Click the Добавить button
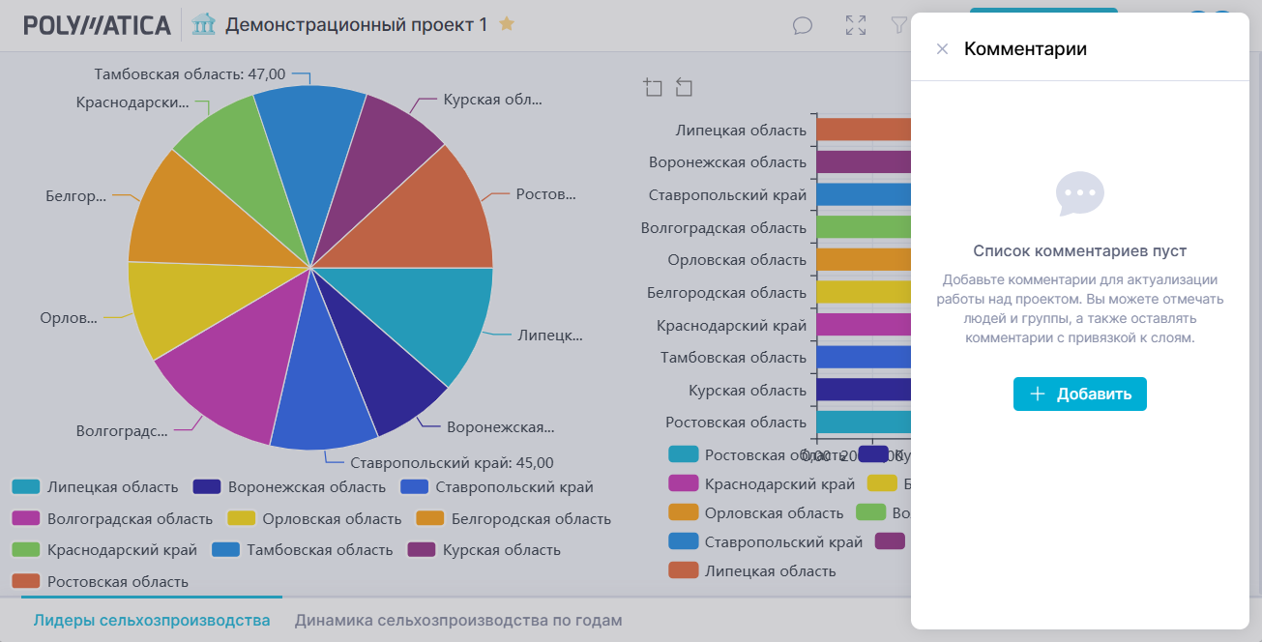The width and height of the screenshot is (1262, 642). click(x=1079, y=394)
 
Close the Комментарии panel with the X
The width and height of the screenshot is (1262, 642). click(x=942, y=49)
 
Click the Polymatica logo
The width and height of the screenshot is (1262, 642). click(x=97, y=25)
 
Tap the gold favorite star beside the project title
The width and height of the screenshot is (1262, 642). click(x=507, y=24)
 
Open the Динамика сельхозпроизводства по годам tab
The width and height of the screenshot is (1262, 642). click(x=458, y=621)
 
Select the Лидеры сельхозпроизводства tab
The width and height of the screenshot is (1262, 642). click(x=151, y=621)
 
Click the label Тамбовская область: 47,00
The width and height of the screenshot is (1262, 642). click(x=190, y=73)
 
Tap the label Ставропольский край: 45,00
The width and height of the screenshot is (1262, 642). click(x=452, y=463)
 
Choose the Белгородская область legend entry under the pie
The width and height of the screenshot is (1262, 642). click(x=530, y=519)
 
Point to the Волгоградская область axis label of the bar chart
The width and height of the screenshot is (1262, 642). click(x=723, y=228)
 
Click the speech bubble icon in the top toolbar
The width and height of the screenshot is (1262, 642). click(x=803, y=25)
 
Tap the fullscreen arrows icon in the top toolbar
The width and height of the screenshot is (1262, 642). click(x=856, y=25)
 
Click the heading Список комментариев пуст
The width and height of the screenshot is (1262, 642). click(x=1079, y=251)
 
